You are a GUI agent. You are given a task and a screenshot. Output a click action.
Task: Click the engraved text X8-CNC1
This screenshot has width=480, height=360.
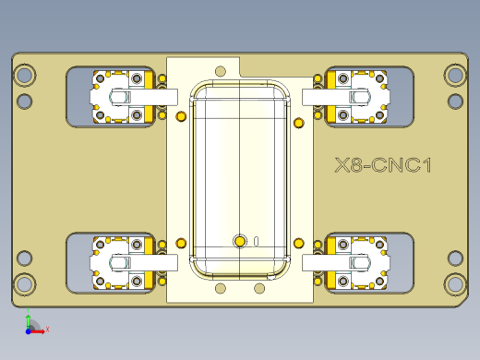coord(383,166)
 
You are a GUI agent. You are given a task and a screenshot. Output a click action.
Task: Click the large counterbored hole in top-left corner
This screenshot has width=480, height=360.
coord(26,75)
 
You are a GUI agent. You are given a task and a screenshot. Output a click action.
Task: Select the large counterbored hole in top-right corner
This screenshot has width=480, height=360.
coord(454,75)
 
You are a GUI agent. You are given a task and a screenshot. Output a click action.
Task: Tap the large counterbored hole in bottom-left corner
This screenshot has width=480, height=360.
coord(26,283)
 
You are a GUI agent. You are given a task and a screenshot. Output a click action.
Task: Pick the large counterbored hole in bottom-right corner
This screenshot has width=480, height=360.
coord(454,283)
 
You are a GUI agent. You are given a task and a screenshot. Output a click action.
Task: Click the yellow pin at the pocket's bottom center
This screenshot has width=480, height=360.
coord(240,241)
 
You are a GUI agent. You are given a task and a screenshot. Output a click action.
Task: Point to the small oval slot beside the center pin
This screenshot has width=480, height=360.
coord(256,241)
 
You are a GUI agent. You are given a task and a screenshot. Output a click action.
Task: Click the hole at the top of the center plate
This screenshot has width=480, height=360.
coord(220,70)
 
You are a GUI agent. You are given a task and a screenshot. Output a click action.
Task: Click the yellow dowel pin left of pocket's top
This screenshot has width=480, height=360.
coord(180,116)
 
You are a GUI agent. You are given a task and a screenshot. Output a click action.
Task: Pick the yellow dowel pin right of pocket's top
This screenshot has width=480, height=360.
coord(298,123)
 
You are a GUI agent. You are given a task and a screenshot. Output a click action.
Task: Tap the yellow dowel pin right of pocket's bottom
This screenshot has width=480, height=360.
coord(298,243)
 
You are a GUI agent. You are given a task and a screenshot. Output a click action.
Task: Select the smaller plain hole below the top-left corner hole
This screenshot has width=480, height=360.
coord(26,101)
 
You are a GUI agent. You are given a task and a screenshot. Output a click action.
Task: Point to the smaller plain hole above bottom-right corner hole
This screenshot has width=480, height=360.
coord(454,258)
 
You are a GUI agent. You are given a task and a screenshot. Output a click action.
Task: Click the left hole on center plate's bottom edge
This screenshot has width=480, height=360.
coord(220,289)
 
